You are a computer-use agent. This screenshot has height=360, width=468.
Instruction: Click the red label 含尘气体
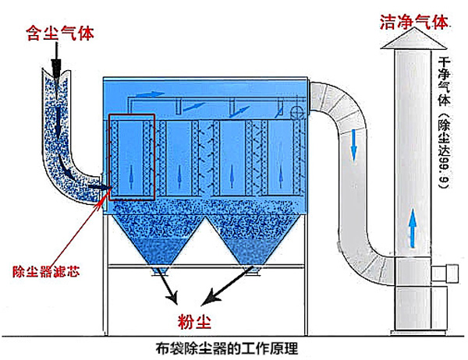[60, 33]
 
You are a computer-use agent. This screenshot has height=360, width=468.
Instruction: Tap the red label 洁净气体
[414, 22]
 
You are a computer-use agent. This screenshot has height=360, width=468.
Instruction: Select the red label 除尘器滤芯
[46, 271]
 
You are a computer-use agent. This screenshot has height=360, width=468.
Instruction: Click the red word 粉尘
[194, 321]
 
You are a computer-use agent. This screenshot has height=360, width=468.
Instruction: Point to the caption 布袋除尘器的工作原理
[227, 348]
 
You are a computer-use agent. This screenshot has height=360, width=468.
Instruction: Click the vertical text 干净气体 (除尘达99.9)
[444, 122]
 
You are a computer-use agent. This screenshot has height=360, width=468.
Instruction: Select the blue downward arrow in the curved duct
[353, 146]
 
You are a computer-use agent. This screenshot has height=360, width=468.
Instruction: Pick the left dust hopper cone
[158, 240]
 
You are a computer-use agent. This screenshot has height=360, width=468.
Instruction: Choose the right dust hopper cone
[252, 240]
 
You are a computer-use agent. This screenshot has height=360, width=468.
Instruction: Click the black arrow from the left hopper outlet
[168, 285]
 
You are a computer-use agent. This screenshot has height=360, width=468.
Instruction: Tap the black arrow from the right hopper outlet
[228, 285]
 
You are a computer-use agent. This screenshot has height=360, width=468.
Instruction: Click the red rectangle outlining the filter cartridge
[132, 115]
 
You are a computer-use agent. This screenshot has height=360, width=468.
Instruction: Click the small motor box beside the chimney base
[445, 274]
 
